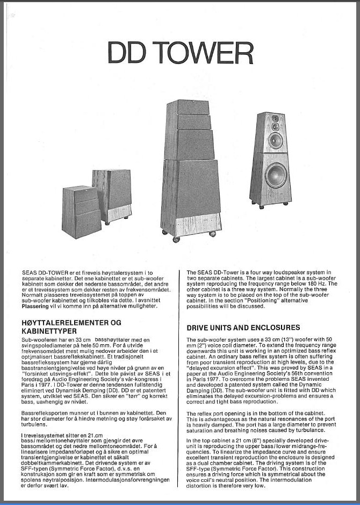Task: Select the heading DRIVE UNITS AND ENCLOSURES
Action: pos(243,327)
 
